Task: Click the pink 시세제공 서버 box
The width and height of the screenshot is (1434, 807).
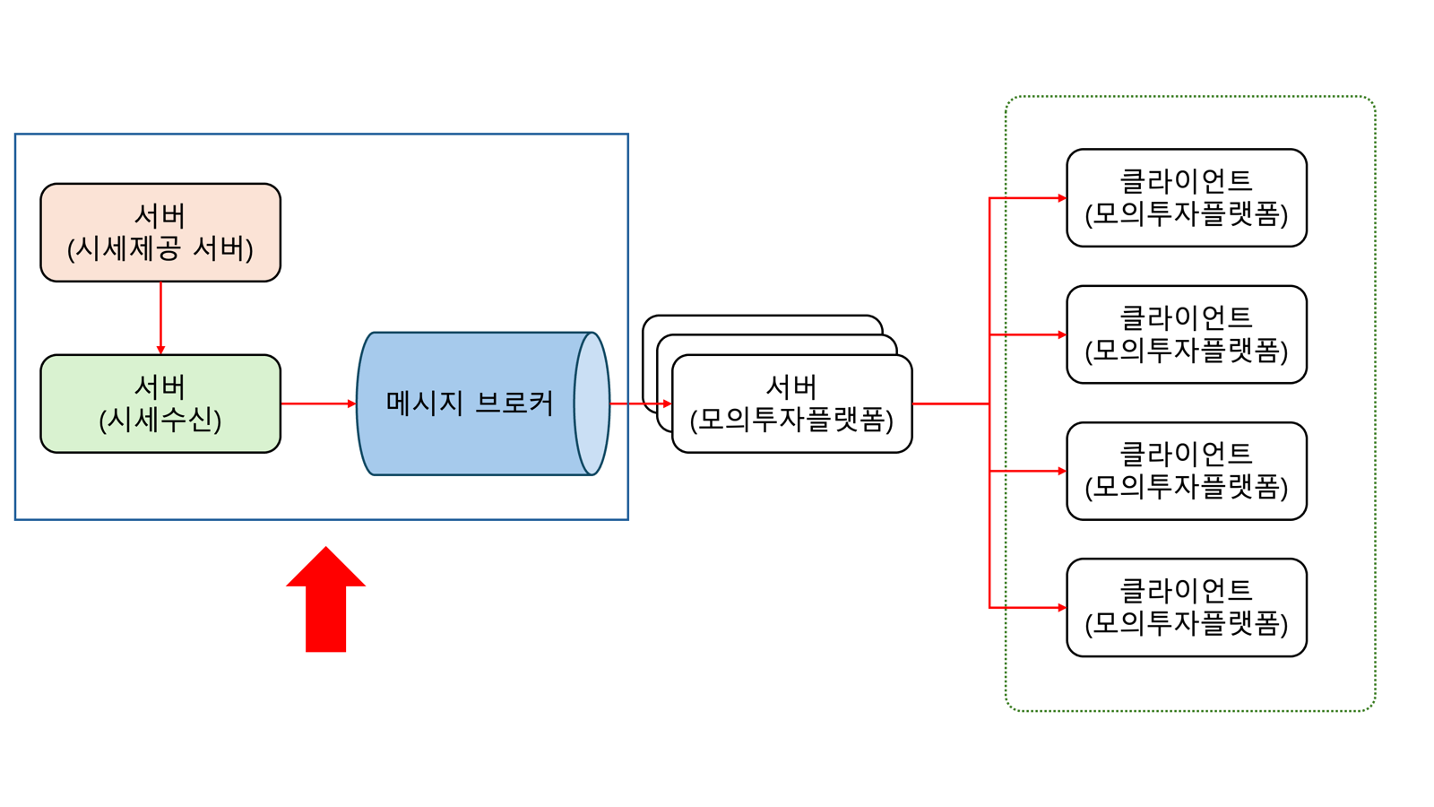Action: coord(160,232)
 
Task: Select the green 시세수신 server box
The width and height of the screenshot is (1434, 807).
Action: coord(160,403)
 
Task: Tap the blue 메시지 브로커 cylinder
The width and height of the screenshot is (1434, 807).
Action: coord(483,403)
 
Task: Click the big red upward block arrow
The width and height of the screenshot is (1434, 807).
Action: coord(326,599)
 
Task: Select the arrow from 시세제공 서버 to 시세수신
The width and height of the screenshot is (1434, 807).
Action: coord(160,318)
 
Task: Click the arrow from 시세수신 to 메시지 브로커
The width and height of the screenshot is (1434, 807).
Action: coord(319,403)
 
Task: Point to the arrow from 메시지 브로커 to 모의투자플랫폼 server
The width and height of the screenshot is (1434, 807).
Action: coord(641,403)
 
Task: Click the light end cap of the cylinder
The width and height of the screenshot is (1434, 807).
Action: coord(592,403)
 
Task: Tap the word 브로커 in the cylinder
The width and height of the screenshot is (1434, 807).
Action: coord(514,403)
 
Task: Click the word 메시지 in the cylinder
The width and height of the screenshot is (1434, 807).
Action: coord(424,403)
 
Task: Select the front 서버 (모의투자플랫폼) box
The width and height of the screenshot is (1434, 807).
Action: coord(792,403)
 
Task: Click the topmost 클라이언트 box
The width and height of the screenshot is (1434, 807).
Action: coord(1187,198)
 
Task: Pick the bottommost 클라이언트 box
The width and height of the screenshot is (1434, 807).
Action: coord(1187,607)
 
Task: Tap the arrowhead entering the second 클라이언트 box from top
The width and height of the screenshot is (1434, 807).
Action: coord(1062,334)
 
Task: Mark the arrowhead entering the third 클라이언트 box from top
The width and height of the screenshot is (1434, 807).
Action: coord(1062,471)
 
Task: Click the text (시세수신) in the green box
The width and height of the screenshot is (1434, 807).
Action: coord(160,421)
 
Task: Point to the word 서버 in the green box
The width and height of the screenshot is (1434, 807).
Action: coord(160,386)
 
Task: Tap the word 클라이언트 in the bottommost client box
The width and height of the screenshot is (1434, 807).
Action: coord(1187,590)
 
